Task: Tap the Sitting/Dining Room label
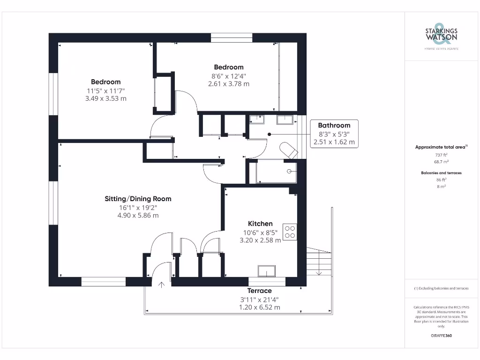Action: click(138, 199)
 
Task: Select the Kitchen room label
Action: click(260, 224)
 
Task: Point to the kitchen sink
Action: click(267, 271)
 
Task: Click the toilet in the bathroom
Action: click(288, 150)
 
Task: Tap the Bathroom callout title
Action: click(334, 125)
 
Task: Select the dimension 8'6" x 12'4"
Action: click(229, 75)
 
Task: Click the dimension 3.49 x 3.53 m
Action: click(105, 98)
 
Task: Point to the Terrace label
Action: click(259, 291)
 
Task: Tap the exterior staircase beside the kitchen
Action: click(319, 262)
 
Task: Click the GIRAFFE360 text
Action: click(441, 336)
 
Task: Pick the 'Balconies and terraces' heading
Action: click(441, 173)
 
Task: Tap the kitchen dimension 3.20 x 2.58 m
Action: click(260, 240)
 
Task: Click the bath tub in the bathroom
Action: click(277, 172)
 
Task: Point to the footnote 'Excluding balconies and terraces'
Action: click(441, 288)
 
